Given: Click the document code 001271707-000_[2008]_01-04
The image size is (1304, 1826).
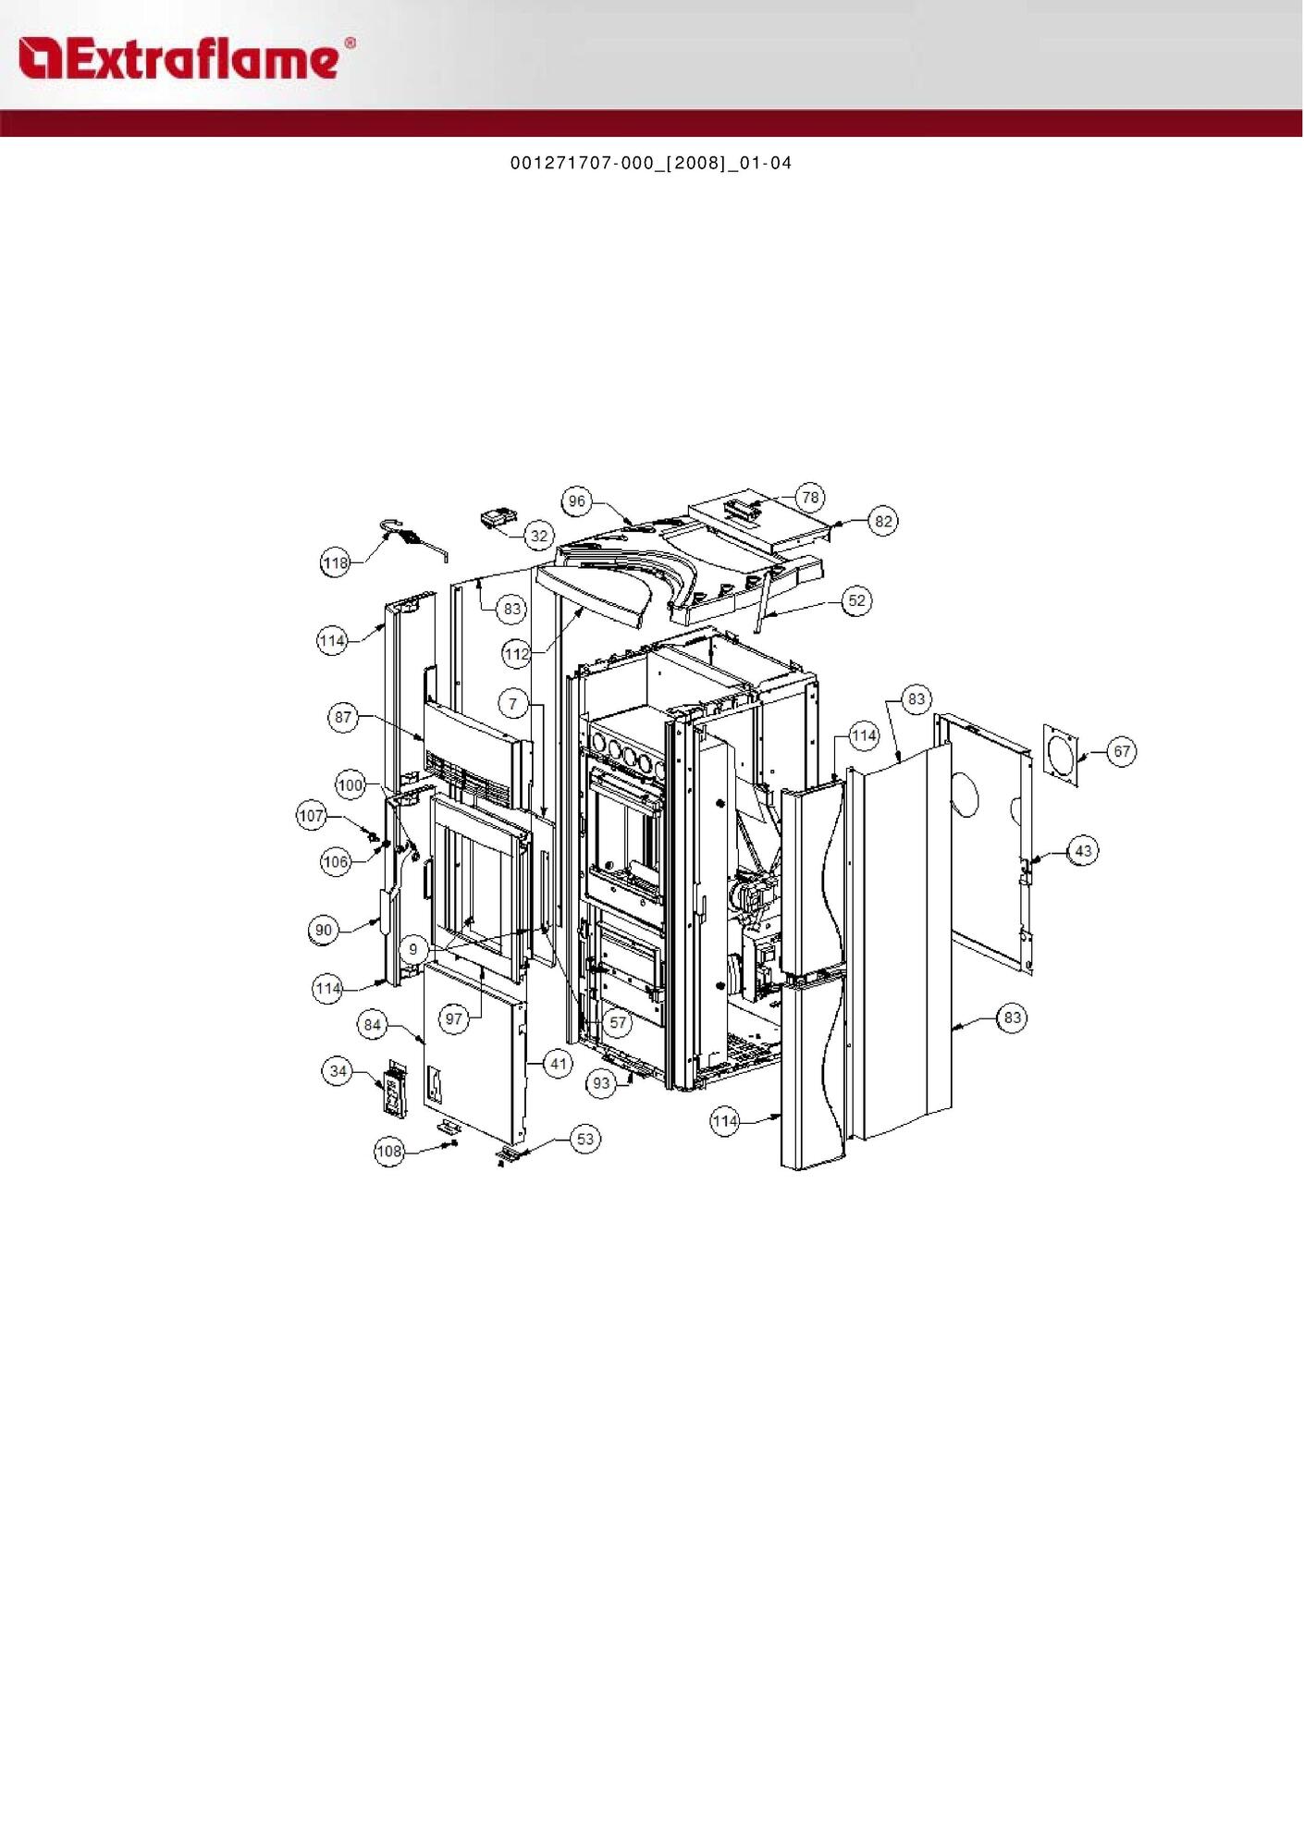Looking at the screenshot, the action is point(651,164).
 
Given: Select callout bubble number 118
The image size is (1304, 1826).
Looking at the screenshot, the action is point(336,562).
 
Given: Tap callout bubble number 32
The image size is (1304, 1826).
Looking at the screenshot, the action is point(539,536).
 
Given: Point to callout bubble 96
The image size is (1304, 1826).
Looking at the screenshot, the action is point(577,501).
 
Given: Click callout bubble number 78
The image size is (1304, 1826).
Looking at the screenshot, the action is point(810,498).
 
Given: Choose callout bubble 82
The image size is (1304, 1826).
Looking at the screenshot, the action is point(884,522).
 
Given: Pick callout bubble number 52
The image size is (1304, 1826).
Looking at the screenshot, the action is point(857,600).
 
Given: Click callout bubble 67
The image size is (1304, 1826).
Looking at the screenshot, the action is point(1122,751).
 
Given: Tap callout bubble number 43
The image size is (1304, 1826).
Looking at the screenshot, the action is point(1083,850).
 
